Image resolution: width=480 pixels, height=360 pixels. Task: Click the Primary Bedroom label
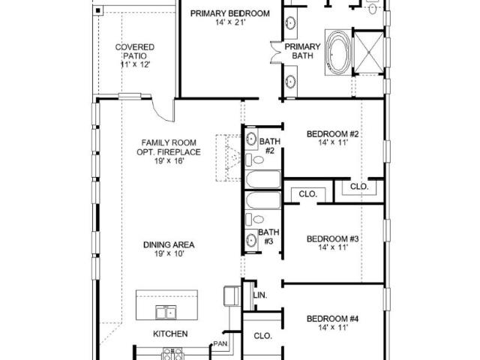[230, 13]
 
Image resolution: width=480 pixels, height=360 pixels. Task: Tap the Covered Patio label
[135, 52]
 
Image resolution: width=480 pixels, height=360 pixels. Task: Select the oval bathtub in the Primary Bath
[338, 52]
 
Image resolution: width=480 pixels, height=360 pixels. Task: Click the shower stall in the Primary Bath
[368, 52]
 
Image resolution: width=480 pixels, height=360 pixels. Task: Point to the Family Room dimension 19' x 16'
[169, 160]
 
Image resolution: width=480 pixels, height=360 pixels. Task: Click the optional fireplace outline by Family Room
[228, 157]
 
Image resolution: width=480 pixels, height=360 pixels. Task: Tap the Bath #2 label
[270, 146]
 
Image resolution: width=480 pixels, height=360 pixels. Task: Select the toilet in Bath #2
[255, 160]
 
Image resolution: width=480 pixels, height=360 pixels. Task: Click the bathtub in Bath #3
[263, 200]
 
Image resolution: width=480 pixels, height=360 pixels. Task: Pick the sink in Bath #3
[251, 239]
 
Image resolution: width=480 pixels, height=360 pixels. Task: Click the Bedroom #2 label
[332, 134]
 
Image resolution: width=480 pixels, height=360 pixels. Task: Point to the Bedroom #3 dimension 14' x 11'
[333, 247]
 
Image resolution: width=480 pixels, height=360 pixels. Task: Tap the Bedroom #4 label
[332, 319]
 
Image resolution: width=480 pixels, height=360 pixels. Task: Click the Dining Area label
[169, 245]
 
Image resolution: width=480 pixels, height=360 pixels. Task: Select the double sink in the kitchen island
[166, 312]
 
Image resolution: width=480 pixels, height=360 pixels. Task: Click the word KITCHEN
[170, 334]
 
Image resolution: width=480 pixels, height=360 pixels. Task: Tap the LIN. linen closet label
[260, 295]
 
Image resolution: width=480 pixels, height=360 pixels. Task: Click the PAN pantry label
[220, 343]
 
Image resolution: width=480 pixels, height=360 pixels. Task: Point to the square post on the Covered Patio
[98, 11]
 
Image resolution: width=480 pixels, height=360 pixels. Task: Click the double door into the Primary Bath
[275, 52]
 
